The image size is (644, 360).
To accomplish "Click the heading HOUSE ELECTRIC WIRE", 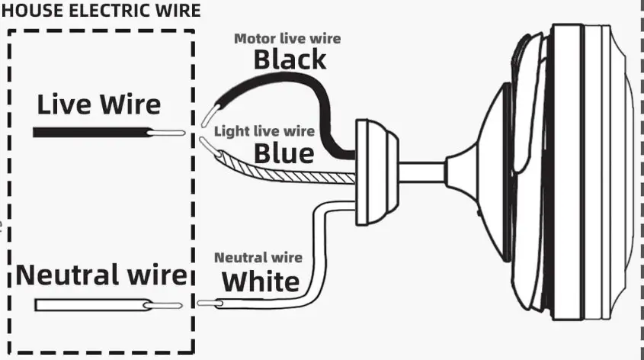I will click(x=101, y=11).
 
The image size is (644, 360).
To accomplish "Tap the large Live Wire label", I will click(x=99, y=104).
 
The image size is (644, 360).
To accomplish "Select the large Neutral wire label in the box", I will click(x=101, y=275).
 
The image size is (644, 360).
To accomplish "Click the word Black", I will click(x=290, y=59).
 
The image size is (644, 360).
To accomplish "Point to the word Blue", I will click(x=284, y=153).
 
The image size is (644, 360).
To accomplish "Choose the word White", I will click(x=261, y=281).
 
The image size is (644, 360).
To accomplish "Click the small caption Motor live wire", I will click(x=287, y=38).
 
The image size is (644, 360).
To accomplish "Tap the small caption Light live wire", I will click(x=264, y=131).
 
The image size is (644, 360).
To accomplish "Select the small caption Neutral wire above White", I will click(x=258, y=258).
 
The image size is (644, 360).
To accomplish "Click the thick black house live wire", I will click(x=91, y=132).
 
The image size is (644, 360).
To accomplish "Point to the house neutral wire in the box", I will click(x=91, y=305).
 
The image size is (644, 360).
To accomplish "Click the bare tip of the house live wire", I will click(x=168, y=133).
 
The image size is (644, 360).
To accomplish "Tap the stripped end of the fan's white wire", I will click(x=210, y=304).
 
